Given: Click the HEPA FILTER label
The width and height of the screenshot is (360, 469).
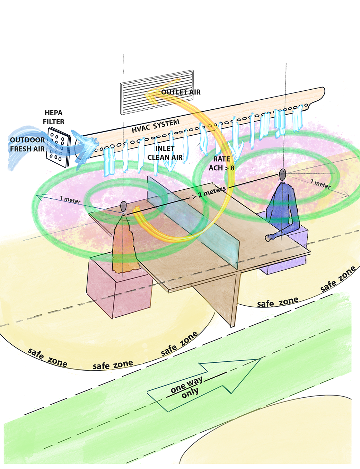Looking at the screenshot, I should point(53,117).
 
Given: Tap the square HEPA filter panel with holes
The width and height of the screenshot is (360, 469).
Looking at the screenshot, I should point(58,147).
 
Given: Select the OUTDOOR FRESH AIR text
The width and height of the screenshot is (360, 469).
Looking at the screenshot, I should point(27,144).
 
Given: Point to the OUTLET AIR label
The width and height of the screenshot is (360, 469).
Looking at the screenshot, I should point(181,92).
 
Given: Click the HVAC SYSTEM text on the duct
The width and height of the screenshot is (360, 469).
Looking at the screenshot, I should point(156,126).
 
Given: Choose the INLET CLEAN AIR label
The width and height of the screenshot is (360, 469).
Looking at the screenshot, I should point(165,153).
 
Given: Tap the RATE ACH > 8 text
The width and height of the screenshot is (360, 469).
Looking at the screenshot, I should point(221,163).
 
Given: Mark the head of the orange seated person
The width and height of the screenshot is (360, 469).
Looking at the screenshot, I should point(123,207).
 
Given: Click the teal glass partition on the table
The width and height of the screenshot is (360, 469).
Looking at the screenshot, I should point(194,222).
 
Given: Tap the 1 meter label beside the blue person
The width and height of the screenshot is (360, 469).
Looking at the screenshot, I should point(321,184).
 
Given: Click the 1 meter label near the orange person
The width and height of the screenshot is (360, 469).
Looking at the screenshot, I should point(70,200).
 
